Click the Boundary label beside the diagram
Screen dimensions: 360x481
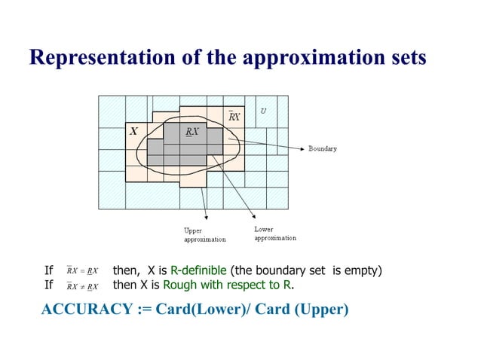coord(323,148)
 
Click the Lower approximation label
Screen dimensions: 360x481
coord(274,233)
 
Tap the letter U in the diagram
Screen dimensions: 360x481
coord(263,111)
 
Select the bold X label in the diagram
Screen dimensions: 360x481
coord(133,131)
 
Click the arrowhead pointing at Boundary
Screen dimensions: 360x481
coord(303,148)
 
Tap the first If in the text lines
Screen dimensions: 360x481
coord(49,270)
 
